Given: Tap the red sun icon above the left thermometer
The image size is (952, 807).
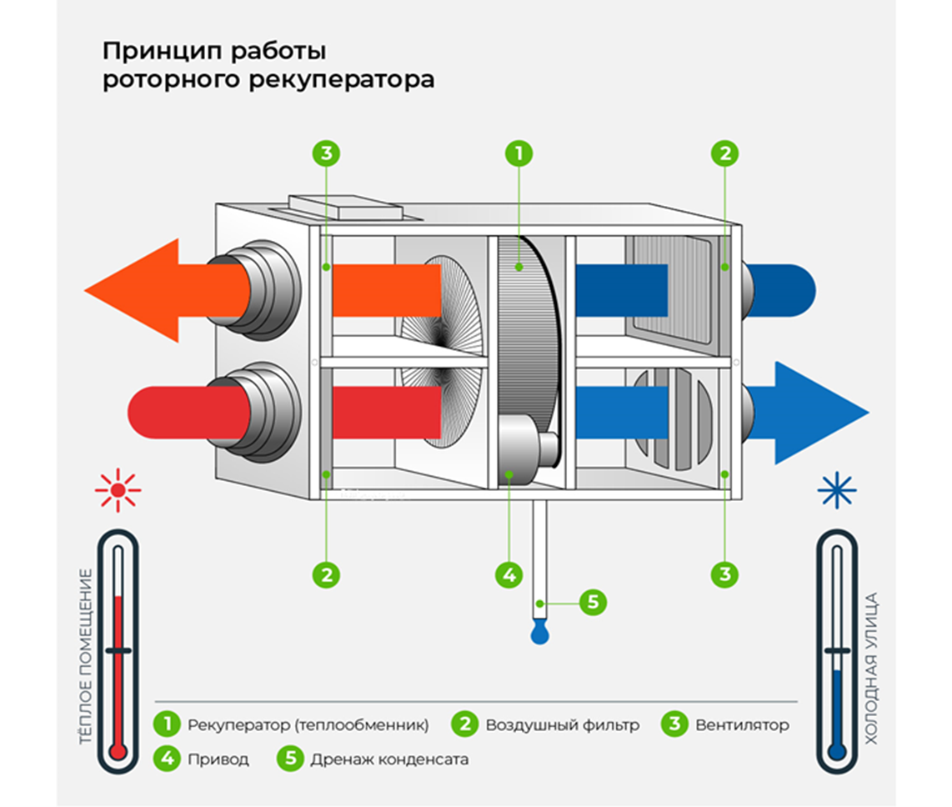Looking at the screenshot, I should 118,489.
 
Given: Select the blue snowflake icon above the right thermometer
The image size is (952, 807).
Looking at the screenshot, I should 836,489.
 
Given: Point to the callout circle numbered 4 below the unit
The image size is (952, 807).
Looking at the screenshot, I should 509,574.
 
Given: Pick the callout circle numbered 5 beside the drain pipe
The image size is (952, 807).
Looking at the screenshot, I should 592,602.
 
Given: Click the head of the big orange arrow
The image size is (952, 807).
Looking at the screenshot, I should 133,290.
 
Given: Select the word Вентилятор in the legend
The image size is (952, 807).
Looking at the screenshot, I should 742,724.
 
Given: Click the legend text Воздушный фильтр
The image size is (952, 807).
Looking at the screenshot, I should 563,724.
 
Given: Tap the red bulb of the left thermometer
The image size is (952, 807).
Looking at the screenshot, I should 118,751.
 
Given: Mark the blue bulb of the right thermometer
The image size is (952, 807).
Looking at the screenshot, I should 836,751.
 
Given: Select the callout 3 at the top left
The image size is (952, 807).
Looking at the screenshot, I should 327,153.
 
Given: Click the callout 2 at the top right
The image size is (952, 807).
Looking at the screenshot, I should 725,153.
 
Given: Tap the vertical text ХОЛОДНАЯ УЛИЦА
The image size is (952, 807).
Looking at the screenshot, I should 872,667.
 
